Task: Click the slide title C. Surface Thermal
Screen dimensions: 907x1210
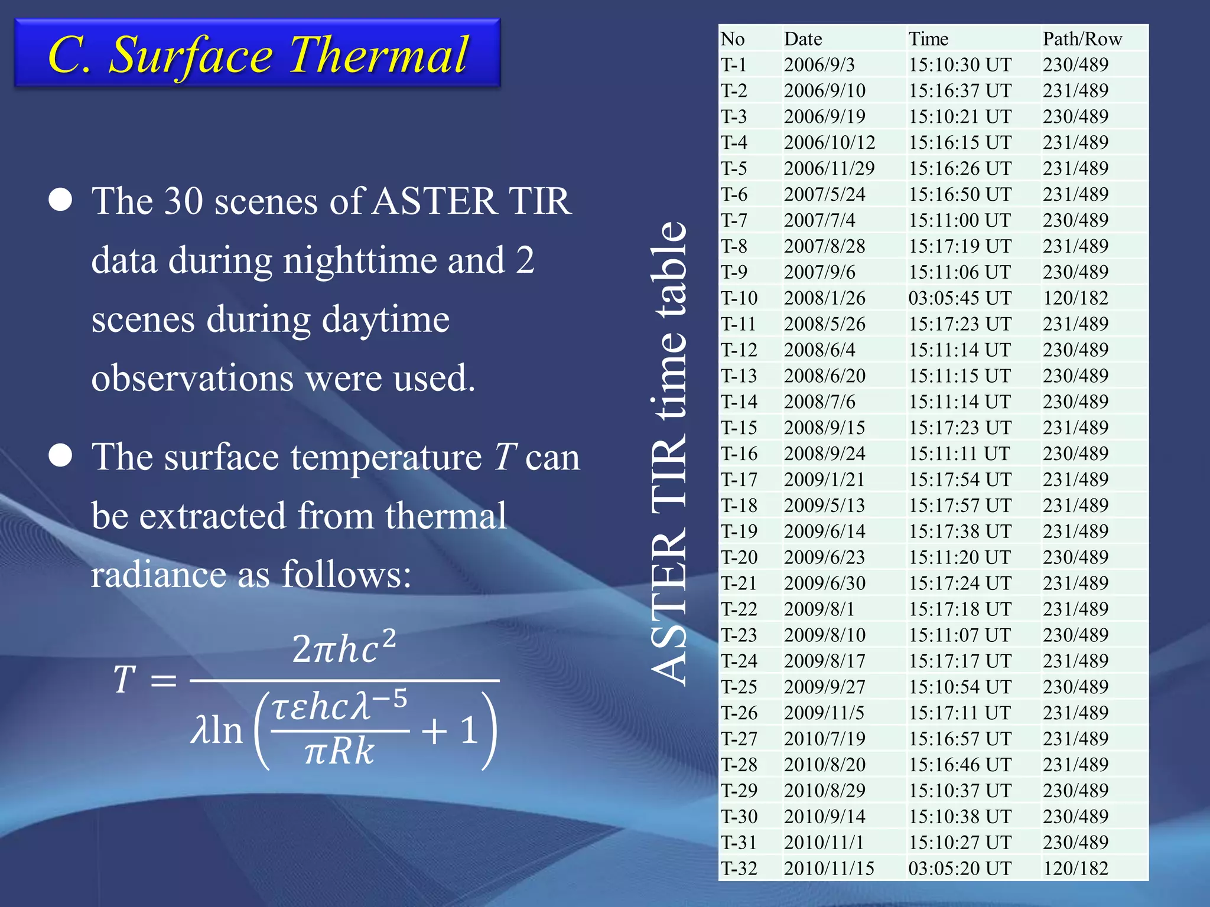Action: [258, 54]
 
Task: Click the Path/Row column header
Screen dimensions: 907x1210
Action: [1082, 39]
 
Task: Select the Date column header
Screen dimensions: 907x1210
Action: [803, 39]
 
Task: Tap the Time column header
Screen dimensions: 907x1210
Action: [928, 39]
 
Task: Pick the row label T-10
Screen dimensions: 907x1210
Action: [739, 298]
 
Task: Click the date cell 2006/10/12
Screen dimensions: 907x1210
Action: [830, 142]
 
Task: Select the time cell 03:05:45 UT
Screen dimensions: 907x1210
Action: [959, 298]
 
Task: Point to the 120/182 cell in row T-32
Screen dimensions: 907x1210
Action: [1075, 869]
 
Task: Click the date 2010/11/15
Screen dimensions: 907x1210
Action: [829, 869]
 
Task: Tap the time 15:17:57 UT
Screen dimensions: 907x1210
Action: [959, 505]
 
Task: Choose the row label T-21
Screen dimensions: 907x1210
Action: [739, 583]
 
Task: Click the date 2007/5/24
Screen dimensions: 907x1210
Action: [824, 194]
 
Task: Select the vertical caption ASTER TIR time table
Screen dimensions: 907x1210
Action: [669, 453]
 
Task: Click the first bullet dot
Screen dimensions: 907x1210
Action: [60, 200]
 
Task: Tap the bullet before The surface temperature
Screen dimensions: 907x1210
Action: [60, 456]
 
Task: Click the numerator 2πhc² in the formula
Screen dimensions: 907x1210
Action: [344, 648]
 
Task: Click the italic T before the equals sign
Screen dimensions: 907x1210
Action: [124, 680]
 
